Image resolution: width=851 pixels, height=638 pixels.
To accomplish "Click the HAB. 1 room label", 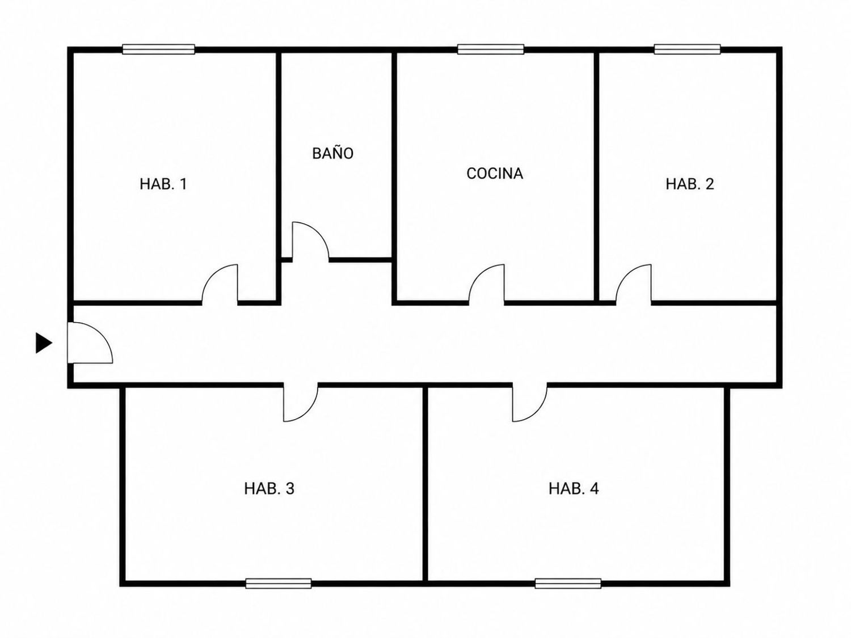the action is click(163, 184).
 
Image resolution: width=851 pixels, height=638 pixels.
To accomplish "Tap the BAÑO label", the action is click(332, 153).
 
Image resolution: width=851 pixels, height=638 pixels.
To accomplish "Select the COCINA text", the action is click(495, 174).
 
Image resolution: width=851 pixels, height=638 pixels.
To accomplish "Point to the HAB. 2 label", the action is click(690, 184).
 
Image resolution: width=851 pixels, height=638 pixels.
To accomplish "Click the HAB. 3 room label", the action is click(269, 488).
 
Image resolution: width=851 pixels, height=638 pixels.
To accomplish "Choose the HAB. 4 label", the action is click(574, 488).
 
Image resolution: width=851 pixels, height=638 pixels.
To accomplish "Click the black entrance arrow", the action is click(44, 343).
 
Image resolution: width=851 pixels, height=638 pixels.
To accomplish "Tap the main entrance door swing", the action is click(90, 343).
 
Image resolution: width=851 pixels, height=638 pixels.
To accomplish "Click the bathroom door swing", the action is click(310, 242).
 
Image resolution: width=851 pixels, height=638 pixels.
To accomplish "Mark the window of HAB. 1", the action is click(158, 49).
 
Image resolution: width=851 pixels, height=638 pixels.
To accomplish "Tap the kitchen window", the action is click(491, 49).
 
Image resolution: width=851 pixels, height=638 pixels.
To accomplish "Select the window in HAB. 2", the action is click(688, 49).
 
